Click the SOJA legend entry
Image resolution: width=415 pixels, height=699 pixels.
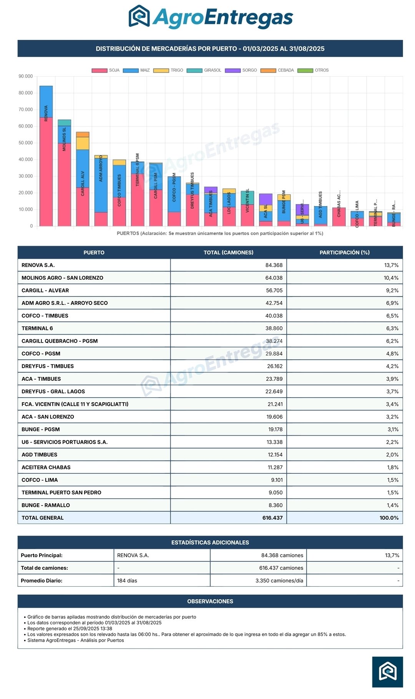click(x=106, y=70)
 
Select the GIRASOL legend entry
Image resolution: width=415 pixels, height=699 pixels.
click(x=204, y=70)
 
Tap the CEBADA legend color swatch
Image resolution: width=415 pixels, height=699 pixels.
click(x=268, y=70)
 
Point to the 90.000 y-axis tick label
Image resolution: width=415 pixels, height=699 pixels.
click(x=26, y=77)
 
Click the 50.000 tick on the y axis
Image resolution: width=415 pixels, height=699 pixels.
click(x=26, y=143)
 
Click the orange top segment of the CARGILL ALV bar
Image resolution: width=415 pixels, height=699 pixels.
click(x=83, y=135)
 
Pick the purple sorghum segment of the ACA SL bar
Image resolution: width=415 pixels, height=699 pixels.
click(x=266, y=199)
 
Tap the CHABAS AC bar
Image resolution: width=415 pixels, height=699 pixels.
click(x=339, y=217)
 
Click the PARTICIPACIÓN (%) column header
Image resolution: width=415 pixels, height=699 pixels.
click(x=344, y=253)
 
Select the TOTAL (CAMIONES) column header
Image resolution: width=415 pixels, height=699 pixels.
click(x=228, y=253)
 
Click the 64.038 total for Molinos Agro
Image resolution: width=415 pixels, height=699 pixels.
click(x=274, y=278)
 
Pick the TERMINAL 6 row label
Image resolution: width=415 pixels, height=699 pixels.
click(x=37, y=328)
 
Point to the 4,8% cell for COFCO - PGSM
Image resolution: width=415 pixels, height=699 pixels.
click(x=392, y=354)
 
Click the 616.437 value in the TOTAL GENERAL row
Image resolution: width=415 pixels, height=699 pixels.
click(x=272, y=518)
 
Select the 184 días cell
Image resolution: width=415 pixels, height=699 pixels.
click(x=127, y=581)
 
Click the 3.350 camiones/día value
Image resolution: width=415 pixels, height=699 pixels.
click(x=279, y=581)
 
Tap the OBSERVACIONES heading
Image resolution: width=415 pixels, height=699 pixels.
click(x=210, y=601)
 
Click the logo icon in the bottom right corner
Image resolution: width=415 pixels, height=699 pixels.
click(x=387, y=672)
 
